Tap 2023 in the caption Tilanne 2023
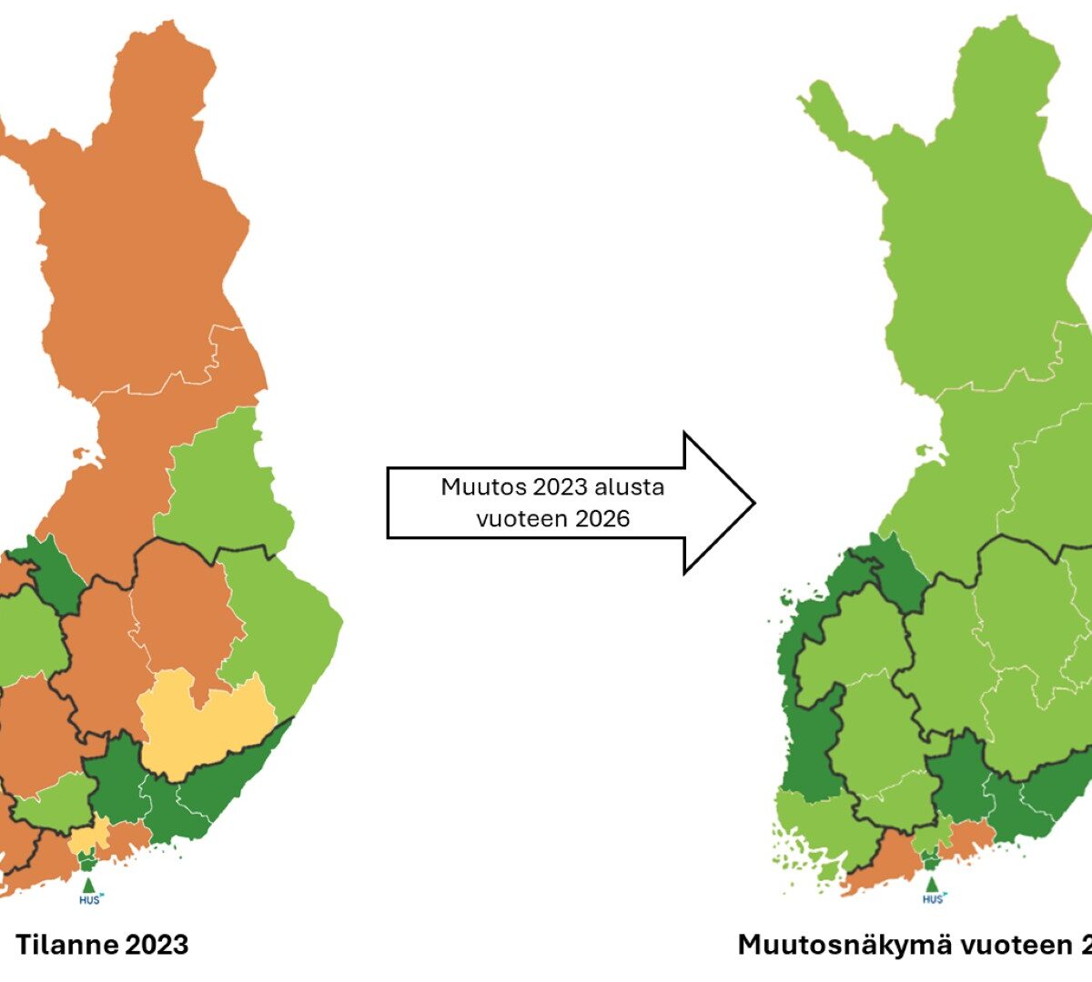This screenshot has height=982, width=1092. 152,945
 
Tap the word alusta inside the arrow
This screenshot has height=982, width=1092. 629,487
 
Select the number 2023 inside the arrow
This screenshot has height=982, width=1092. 560,487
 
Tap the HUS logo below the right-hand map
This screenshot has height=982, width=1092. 933,899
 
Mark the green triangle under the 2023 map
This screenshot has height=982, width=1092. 88,884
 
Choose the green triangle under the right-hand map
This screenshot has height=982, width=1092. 931,884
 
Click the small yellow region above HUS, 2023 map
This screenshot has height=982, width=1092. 89,836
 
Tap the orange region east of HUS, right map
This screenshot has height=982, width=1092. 969,837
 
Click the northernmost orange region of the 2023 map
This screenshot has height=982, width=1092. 136,227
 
